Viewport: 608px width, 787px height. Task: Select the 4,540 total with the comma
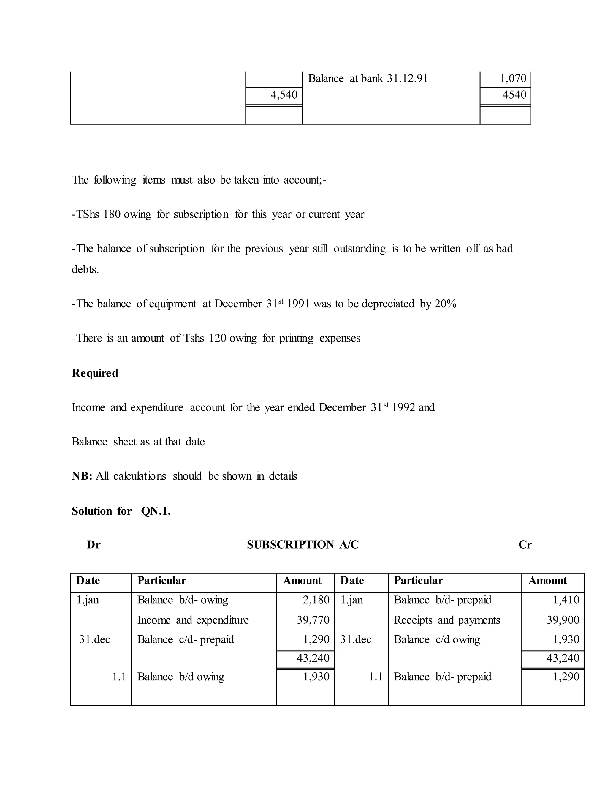(284, 95)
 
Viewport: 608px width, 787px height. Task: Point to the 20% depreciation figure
(445, 304)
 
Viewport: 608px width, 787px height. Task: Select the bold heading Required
(95, 373)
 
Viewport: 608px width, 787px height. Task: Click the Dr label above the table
(94, 544)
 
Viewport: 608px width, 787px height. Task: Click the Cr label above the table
(525, 544)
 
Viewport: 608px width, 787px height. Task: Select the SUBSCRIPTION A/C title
(303, 544)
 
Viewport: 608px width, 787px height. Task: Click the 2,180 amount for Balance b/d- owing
(316, 600)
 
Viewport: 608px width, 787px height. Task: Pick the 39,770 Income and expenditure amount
(313, 620)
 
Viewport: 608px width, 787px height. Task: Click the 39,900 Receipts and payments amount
(563, 620)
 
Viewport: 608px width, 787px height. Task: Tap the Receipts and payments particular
(446, 620)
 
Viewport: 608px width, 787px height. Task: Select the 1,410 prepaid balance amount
(566, 600)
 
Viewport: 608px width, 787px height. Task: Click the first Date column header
(88, 581)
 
